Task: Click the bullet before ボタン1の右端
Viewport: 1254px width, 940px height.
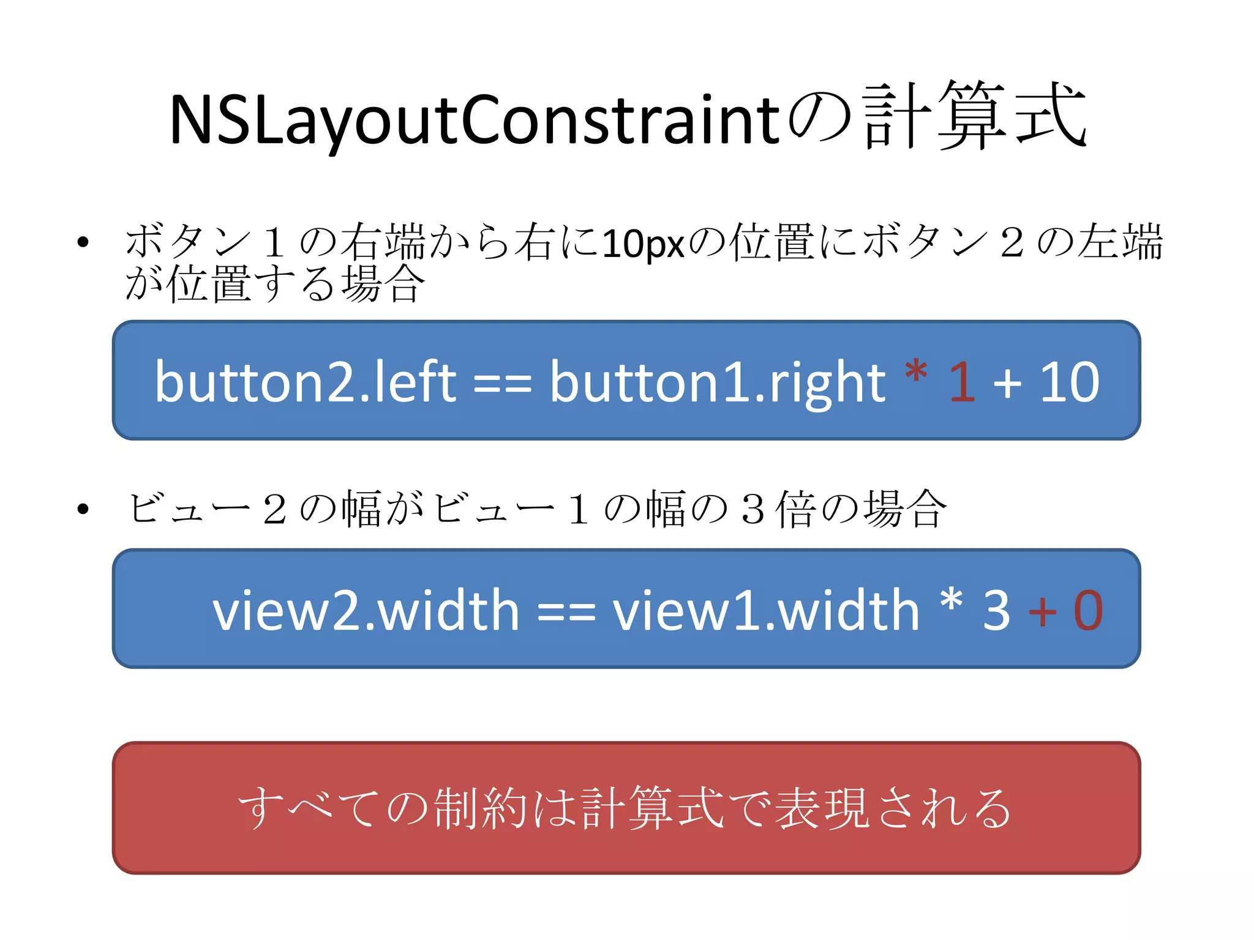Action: tap(83, 242)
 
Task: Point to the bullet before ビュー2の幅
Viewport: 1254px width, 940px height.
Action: tap(83, 509)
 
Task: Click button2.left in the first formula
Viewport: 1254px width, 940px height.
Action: tap(306, 382)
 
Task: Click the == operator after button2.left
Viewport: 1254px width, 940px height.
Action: tap(503, 384)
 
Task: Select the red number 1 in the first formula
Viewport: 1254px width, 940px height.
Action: tap(962, 382)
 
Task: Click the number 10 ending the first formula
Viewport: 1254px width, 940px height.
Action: tap(1069, 382)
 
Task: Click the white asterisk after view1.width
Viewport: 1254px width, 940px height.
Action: tap(952, 601)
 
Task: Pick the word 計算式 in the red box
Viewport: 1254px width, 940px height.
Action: tap(653, 808)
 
